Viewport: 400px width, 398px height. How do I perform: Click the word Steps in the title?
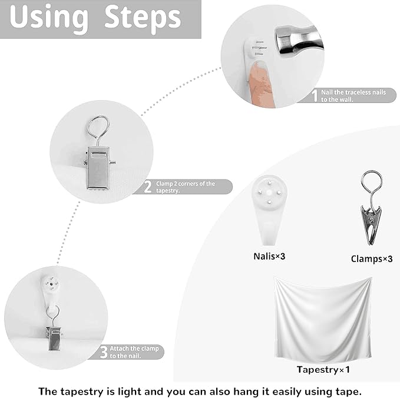[143, 18]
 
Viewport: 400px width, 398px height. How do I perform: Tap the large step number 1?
[315, 95]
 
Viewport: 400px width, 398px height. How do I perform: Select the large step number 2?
[148, 187]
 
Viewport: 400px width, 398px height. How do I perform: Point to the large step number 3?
[104, 352]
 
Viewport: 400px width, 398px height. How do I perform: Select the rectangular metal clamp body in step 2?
[98, 168]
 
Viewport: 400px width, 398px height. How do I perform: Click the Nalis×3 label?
[269, 256]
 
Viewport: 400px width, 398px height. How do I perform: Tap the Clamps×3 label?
[371, 259]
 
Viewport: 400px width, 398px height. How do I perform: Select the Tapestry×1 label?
[323, 369]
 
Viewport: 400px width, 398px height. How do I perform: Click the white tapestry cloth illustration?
[323, 319]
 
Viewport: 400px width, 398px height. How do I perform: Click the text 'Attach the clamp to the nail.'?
[134, 352]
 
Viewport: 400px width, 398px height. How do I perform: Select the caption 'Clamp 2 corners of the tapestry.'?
[186, 187]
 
